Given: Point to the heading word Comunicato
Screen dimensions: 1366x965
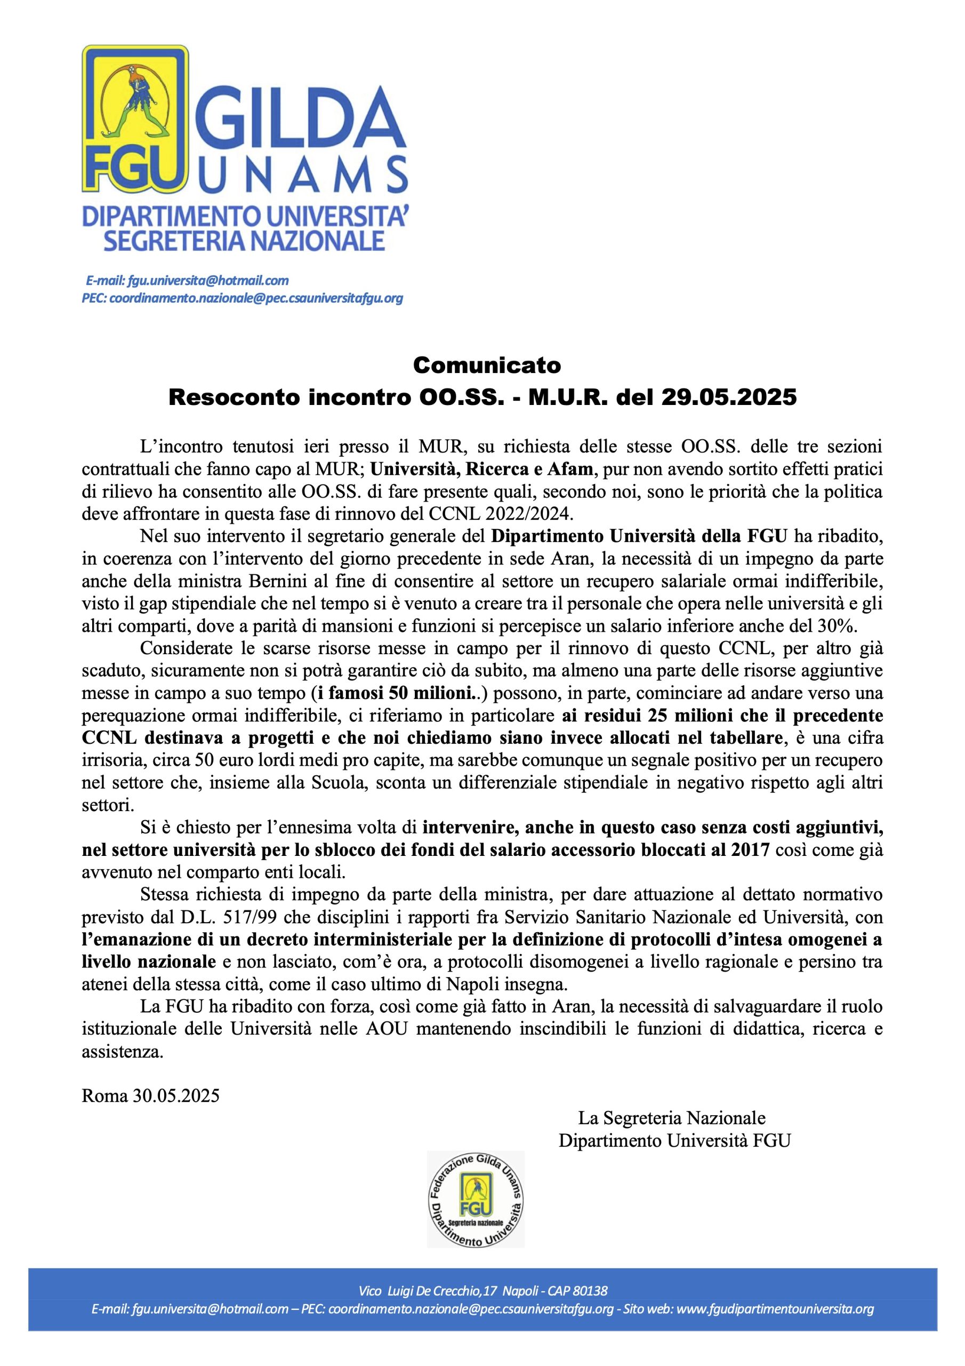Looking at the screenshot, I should pos(487,364).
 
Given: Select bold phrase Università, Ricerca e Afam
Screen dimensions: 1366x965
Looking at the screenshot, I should pos(481,469).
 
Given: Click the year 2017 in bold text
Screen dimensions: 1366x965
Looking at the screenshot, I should pos(751,850).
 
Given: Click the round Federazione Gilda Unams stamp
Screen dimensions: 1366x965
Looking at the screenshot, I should pos(476,1198).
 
